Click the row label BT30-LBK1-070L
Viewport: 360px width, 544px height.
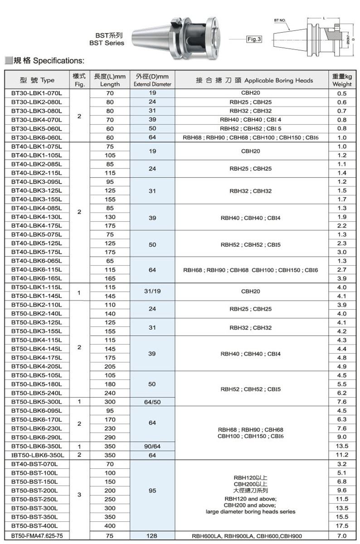tap(37, 93)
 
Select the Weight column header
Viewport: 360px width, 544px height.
tap(342, 80)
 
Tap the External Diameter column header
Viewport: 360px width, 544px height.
tap(152, 80)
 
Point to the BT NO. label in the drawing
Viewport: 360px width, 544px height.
tap(280, 20)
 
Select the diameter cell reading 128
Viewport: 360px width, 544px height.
tap(152, 536)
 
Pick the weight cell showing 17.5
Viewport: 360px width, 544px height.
tap(342, 526)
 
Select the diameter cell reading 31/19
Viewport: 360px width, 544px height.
tap(152, 291)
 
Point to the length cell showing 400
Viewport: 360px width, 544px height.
tap(110, 526)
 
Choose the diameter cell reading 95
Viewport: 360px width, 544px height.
tap(152, 491)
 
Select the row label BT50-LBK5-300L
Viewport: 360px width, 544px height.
tap(37, 402)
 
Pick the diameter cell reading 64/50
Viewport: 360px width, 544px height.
tap(152, 402)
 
